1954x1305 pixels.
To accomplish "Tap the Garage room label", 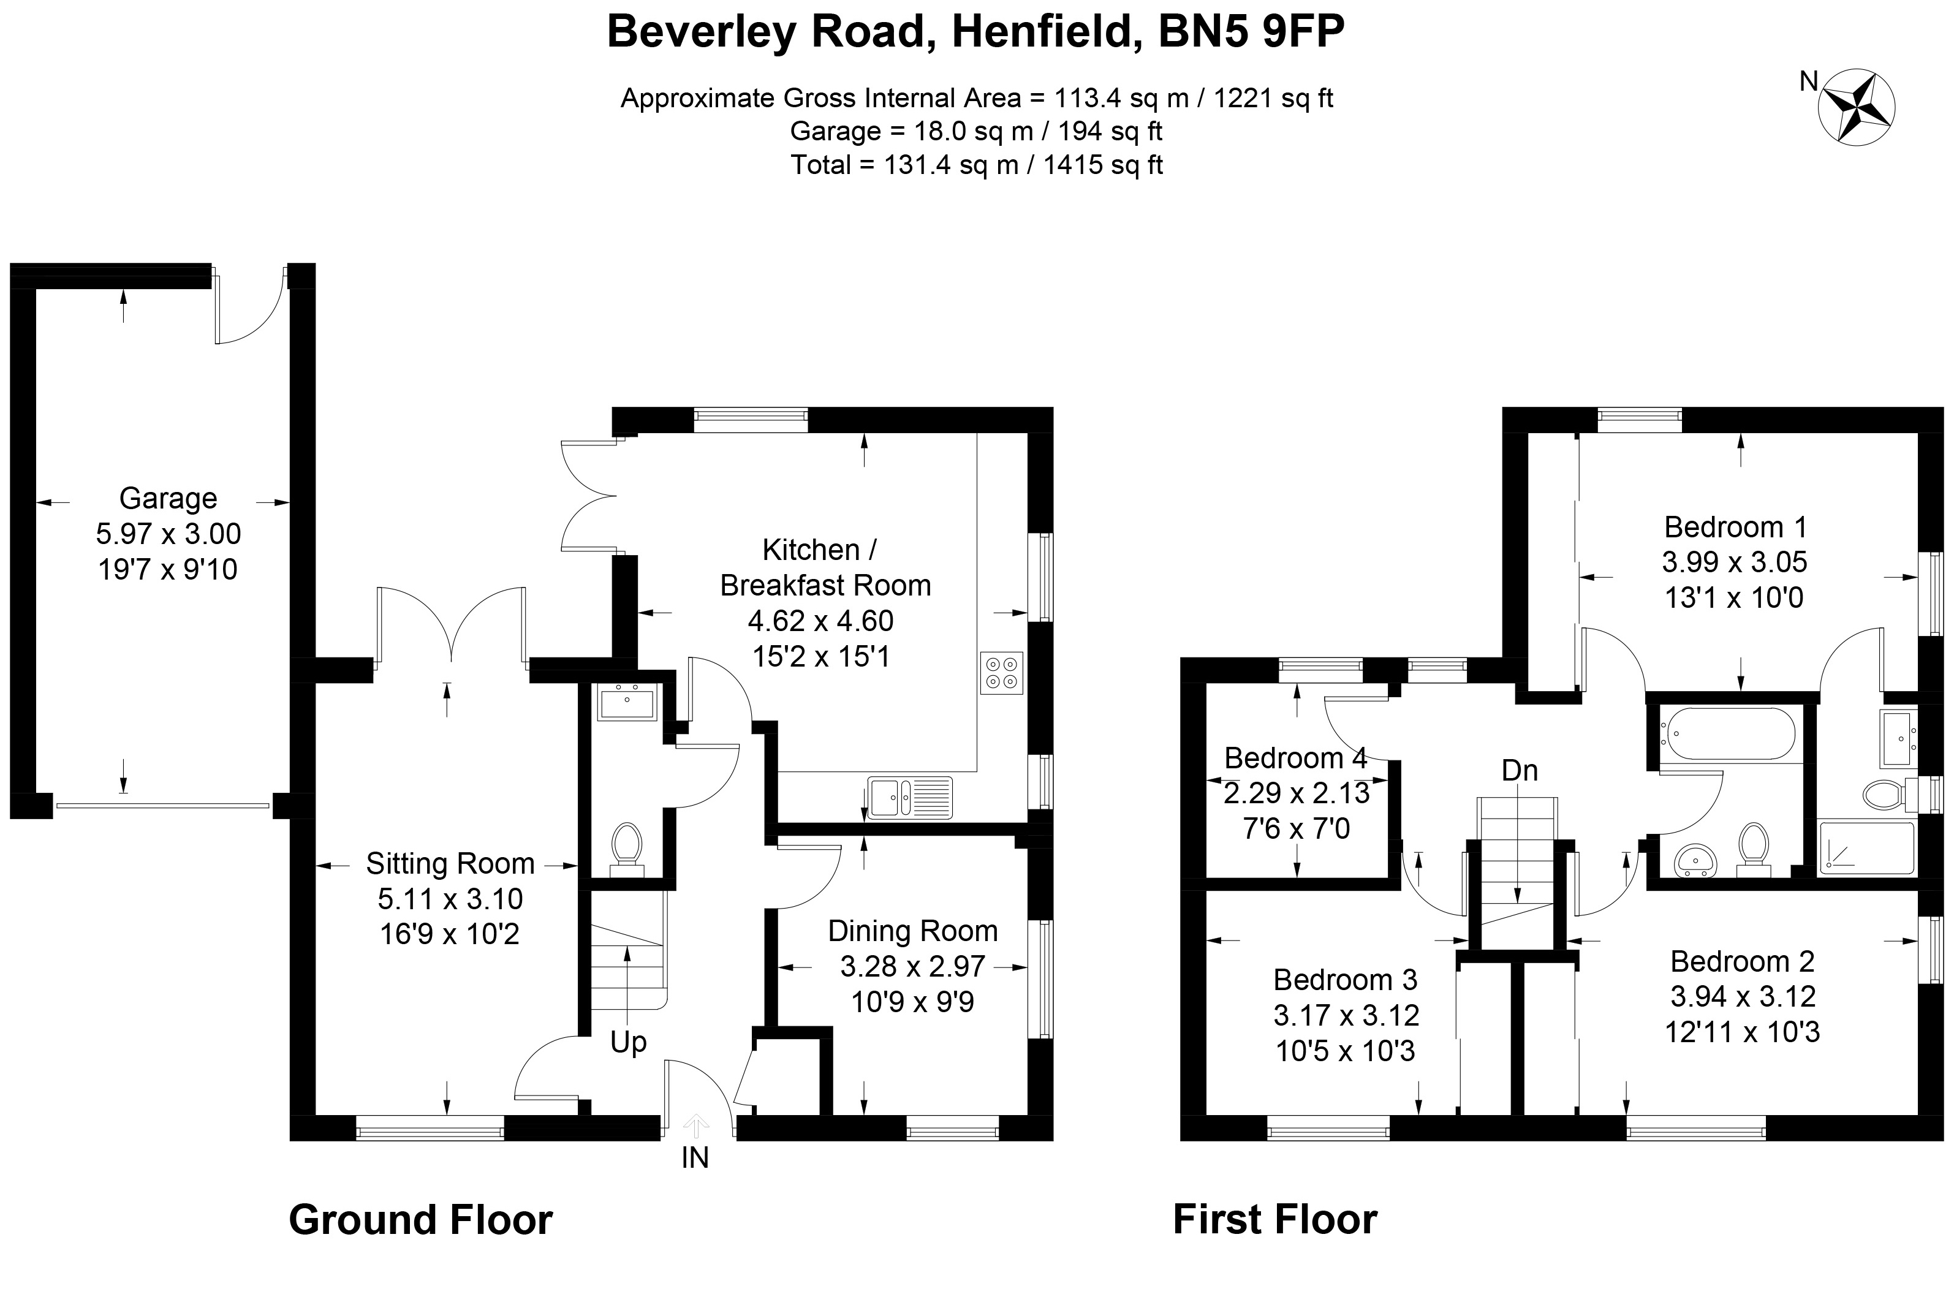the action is tap(168, 497).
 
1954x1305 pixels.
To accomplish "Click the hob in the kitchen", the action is tap(1001, 673).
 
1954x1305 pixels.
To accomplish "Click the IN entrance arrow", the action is tap(695, 1128).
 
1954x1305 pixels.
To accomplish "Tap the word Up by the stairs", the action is tap(628, 1042).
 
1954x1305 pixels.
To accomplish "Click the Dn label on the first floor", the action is tap(1520, 771).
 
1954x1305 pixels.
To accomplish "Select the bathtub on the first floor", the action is tap(1726, 732).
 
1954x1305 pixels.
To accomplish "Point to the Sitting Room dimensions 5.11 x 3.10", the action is tap(450, 899).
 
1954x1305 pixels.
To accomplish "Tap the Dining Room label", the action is tap(913, 931).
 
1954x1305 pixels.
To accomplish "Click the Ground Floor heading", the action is tap(420, 1219).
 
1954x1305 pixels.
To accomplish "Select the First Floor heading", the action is tap(1275, 1219).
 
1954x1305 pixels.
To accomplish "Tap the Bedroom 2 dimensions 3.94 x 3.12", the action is tap(1743, 996).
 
